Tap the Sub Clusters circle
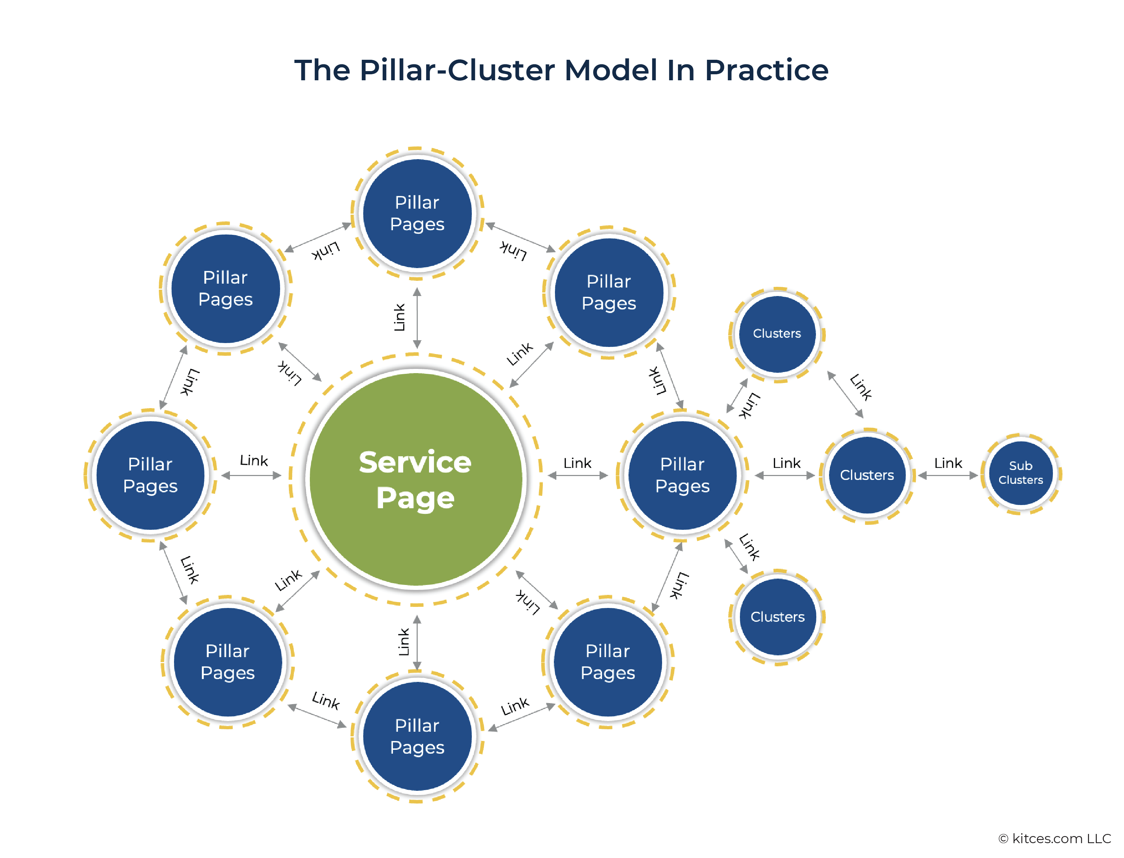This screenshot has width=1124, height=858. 1020,474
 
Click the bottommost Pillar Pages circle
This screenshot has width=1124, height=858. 417,736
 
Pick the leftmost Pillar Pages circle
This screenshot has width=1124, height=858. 150,475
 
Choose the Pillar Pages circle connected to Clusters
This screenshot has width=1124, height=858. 682,475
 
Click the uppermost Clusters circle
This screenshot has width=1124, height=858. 777,334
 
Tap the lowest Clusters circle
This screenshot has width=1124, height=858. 777,616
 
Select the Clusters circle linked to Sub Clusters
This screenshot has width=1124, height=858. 867,475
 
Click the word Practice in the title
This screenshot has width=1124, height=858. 766,70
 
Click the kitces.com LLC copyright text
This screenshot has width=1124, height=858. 1055,838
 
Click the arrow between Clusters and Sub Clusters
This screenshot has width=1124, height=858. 947,475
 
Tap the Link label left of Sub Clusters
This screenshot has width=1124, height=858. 948,463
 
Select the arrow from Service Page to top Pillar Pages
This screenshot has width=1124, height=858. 417,318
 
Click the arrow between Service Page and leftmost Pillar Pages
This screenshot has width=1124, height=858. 251,475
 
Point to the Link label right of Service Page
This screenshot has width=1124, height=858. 577,463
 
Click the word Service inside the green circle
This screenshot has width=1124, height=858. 415,462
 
